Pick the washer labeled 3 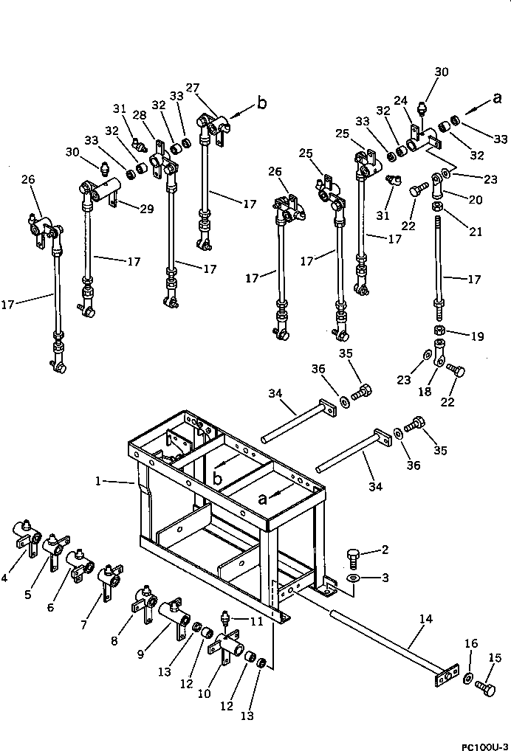click(x=353, y=578)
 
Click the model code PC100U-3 click(x=484, y=742)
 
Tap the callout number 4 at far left click(x=5, y=578)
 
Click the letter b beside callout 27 click(x=261, y=104)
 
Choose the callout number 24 click(x=400, y=100)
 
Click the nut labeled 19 click(x=439, y=329)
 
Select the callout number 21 click(x=476, y=231)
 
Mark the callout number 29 click(x=147, y=210)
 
